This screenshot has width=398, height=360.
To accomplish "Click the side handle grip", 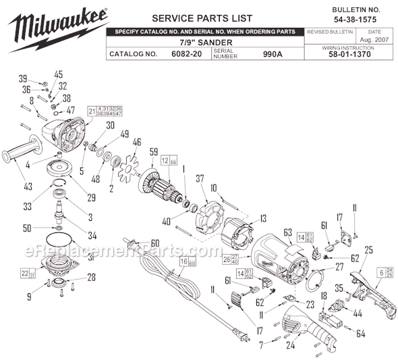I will pyautogui.click(x=20, y=157).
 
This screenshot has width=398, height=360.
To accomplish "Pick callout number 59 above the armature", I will pyautogui.click(x=154, y=151).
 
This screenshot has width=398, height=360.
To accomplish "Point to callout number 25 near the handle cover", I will pyautogui.click(x=368, y=251).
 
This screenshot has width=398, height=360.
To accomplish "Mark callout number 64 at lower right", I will pyautogui.click(x=360, y=334).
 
